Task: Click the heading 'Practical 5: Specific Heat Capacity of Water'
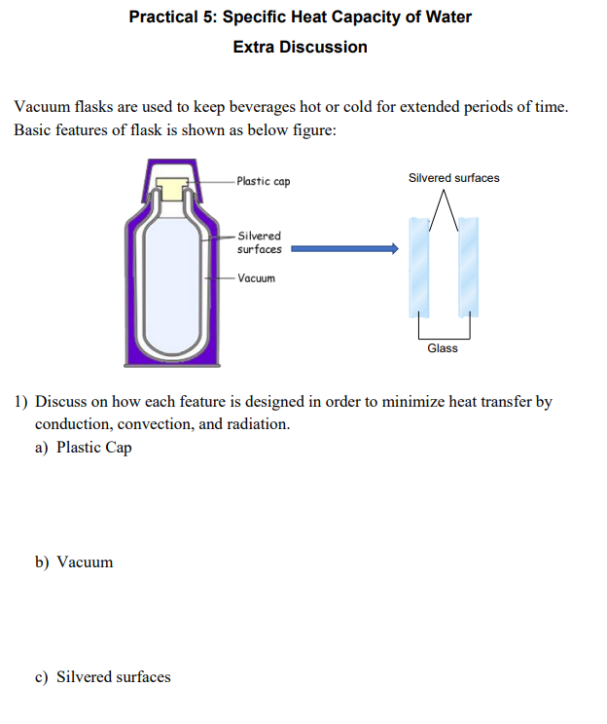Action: [x=300, y=18]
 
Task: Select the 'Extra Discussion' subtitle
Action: [x=300, y=47]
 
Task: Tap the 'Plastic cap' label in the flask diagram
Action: [x=263, y=182]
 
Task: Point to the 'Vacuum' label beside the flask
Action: [x=257, y=278]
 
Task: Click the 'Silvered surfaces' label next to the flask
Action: [x=259, y=242]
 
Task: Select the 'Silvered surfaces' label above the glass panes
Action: [x=453, y=178]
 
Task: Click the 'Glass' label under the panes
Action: [x=443, y=348]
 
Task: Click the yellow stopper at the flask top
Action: [x=173, y=188]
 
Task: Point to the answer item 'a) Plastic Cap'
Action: [x=84, y=448]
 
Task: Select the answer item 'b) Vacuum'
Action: [x=75, y=562]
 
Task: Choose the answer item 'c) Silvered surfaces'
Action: [x=103, y=677]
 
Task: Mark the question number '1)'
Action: [x=21, y=401]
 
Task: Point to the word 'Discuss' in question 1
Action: [x=62, y=401]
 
